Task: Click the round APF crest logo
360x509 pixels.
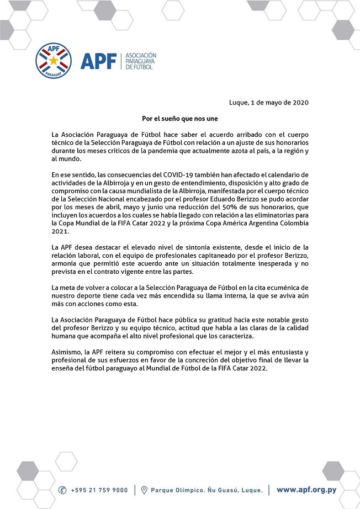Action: coord(54,61)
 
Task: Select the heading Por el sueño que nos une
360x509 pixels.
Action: coord(180,118)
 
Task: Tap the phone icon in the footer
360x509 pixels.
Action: coord(62,490)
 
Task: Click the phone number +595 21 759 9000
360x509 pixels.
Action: coord(99,490)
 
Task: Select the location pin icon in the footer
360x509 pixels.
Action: coord(144,490)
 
